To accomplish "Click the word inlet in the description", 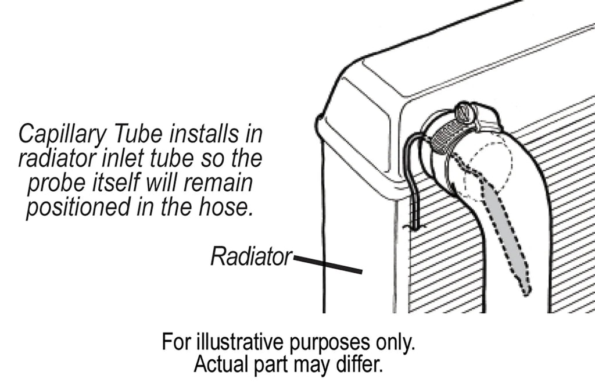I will coord(128,159).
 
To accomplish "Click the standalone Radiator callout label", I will coord(250,256).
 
